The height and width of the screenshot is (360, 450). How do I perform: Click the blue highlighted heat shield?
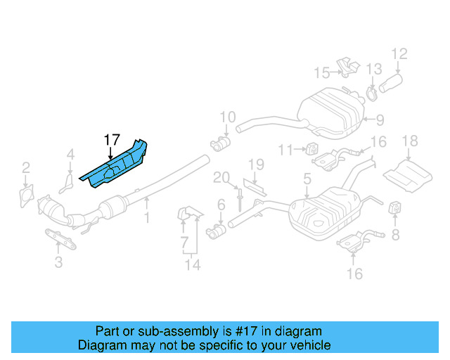116,166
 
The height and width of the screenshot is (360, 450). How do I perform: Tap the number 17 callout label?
112,140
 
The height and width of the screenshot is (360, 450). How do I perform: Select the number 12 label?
399,53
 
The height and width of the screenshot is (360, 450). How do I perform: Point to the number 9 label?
380,120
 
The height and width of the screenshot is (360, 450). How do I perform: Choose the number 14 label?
192,265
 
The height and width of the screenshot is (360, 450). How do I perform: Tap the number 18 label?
409,143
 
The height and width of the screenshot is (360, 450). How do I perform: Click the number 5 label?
307,180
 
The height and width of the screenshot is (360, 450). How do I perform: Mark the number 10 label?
227,117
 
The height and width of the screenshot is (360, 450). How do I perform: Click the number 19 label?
255,165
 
